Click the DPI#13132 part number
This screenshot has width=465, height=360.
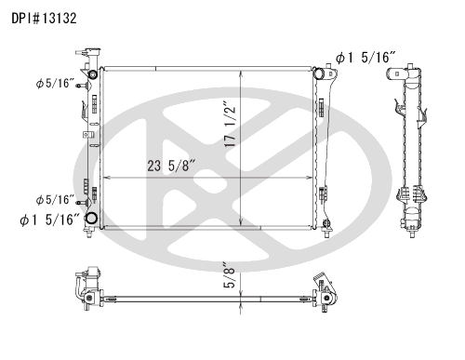[44, 19]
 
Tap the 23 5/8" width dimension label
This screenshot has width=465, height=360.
[171, 166]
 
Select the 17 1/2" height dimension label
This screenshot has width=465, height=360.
[230, 124]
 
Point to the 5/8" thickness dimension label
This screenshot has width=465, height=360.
[230, 275]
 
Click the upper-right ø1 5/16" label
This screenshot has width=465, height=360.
[366, 58]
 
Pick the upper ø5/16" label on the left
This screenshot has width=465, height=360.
[55, 83]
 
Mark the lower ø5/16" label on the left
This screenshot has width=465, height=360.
[55, 200]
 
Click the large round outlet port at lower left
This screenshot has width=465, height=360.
[92, 219]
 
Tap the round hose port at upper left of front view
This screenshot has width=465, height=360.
[93, 74]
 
